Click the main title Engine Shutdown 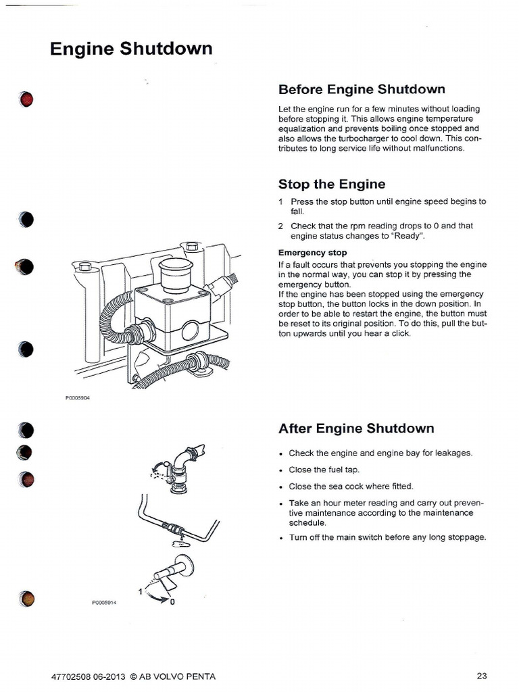click(x=131, y=49)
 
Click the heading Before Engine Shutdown click(x=362, y=89)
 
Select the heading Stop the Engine click(x=332, y=184)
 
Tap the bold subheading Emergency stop click(x=312, y=253)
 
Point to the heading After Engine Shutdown click(x=356, y=428)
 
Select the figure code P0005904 click(x=78, y=399)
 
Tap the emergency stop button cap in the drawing click(x=175, y=270)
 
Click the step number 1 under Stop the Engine click(x=280, y=201)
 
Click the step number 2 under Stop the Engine click(x=280, y=226)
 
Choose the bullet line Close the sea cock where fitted click(x=350, y=486)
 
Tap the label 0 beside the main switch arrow click(x=172, y=602)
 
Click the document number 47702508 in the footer click(x=72, y=676)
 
